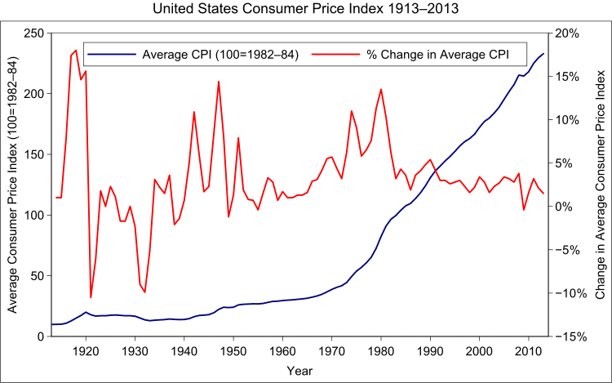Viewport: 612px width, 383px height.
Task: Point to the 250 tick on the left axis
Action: tap(33, 33)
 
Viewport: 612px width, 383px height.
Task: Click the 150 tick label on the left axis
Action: tap(33, 154)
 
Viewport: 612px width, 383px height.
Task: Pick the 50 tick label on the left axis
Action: tap(37, 276)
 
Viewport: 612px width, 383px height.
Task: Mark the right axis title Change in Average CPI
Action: tap(600, 185)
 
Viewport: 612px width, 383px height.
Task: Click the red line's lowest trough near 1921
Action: tap(91, 297)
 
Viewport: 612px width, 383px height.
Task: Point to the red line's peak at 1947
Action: tap(219, 81)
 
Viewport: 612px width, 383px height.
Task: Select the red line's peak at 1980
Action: tap(381, 89)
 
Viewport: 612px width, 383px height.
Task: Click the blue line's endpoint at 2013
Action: tap(543, 54)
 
